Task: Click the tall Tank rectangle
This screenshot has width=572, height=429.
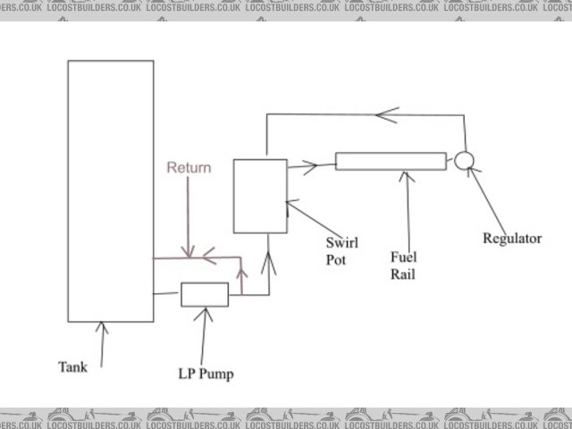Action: click(110, 190)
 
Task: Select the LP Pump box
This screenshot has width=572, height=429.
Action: click(205, 294)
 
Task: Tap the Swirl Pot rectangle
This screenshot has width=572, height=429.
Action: click(260, 196)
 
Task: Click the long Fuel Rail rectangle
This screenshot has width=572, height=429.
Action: click(391, 162)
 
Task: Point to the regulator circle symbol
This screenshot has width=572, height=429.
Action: click(463, 161)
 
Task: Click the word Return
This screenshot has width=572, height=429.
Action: click(189, 168)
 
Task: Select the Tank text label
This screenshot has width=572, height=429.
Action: click(73, 366)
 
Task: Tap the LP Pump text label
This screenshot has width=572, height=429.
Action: click(206, 374)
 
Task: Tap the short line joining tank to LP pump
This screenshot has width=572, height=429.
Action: click(166, 293)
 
